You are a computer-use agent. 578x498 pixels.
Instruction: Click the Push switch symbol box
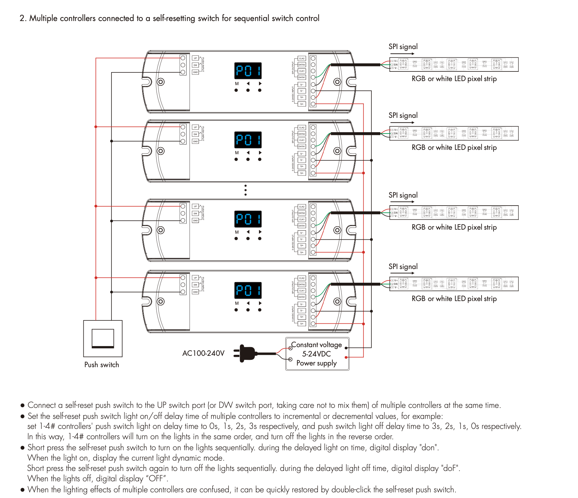click(103, 338)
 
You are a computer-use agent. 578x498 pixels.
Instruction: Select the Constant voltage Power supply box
click(317, 354)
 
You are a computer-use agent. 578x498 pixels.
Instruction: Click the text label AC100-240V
click(203, 353)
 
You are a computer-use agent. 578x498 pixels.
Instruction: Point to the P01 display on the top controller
click(248, 71)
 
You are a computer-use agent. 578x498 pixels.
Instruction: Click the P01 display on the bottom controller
click(248, 290)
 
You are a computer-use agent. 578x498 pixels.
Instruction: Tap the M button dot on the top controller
click(236, 90)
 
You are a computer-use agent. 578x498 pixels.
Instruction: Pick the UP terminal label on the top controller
click(196, 58)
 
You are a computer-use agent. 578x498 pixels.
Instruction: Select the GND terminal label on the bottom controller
click(196, 292)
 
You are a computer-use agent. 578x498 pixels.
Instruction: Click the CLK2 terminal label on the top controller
click(302, 58)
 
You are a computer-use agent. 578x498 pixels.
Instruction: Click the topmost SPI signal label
click(403, 47)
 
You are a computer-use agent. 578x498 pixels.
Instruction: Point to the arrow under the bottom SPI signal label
click(402, 273)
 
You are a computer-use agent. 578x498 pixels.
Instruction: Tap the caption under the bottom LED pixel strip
click(454, 299)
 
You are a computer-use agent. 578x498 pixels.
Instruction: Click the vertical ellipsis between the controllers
click(246, 190)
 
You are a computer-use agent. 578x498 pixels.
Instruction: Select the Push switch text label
click(101, 364)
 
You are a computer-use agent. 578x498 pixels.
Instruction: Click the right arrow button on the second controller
click(260, 153)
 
